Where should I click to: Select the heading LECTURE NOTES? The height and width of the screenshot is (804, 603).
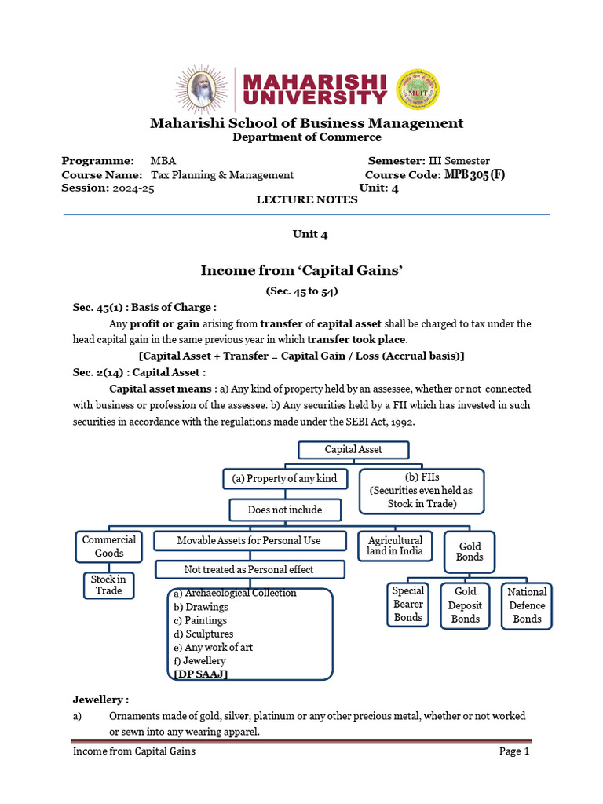point(306,199)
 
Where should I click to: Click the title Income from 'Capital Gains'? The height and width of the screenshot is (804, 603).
point(301,270)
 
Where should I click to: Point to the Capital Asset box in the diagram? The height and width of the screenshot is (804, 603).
point(353,450)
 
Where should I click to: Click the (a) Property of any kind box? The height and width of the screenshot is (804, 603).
point(285,479)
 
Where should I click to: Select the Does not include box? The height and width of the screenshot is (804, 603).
point(285,510)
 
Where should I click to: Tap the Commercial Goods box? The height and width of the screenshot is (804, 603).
point(109,546)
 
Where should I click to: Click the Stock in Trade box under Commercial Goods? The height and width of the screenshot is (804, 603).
point(108,585)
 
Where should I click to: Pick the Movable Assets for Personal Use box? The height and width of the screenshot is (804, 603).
point(249,540)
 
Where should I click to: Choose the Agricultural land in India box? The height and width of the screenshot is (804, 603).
point(395,546)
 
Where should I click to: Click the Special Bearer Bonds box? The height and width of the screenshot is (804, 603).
point(408,605)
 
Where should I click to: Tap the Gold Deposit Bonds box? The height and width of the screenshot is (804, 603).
point(465,605)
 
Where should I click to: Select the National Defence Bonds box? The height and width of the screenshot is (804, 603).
point(527,605)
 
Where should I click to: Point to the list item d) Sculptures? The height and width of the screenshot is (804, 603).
point(203,634)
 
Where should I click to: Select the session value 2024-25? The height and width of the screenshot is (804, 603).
point(133,188)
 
